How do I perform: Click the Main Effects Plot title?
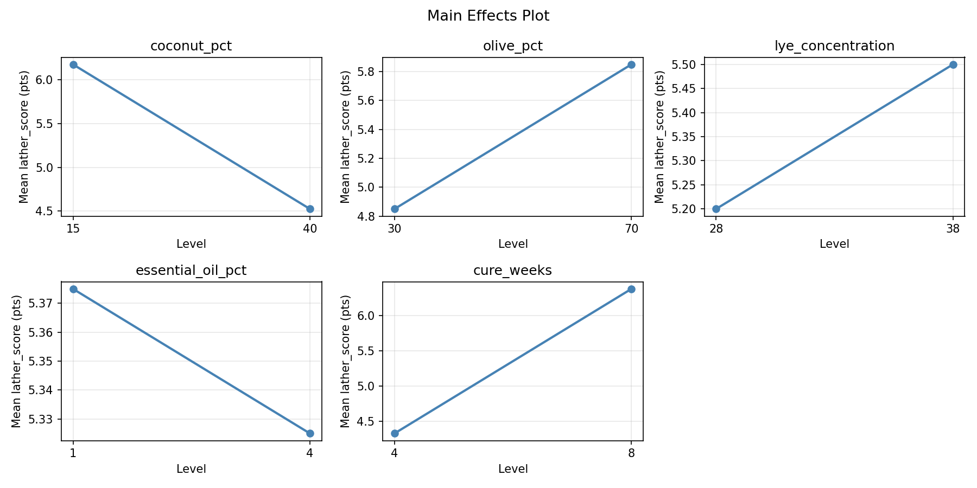tap(488, 16)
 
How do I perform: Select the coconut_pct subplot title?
tap(191, 46)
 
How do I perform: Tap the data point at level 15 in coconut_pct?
tap(73, 65)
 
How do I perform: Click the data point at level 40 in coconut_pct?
tap(310, 209)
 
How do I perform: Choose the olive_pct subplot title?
tap(512, 46)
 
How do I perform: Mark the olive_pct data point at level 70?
tap(631, 65)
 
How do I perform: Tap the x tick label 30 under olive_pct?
tap(395, 228)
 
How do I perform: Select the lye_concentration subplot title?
tap(834, 46)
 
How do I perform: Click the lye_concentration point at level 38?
tap(953, 65)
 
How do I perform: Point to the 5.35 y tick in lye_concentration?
tap(684, 137)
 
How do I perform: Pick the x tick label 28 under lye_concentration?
tap(716, 228)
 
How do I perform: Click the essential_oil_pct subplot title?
tap(191, 271)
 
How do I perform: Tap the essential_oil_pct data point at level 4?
tap(310, 433)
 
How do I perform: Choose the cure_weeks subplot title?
tap(512, 271)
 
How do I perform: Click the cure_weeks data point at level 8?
tap(631, 289)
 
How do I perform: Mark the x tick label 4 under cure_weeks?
tap(395, 453)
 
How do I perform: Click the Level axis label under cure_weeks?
tap(513, 469)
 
